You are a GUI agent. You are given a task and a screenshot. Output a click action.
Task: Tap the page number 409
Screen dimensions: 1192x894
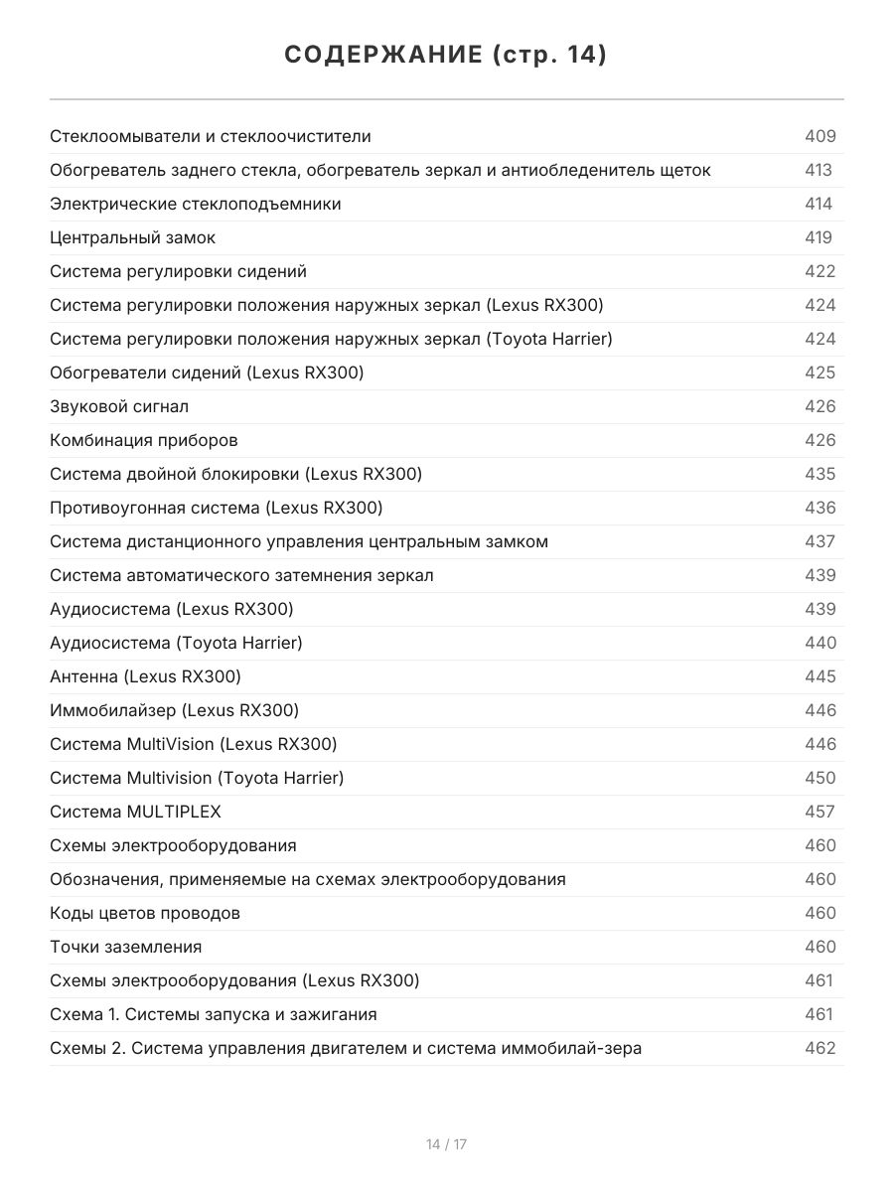click(x=819, y=136)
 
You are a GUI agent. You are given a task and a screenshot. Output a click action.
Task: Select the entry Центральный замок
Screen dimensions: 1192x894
click(x=132, y=237)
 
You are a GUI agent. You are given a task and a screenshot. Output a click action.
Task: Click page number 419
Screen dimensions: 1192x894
click(x=818, y=237)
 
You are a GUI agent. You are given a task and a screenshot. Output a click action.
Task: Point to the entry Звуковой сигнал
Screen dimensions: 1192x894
click(x=119, y=406)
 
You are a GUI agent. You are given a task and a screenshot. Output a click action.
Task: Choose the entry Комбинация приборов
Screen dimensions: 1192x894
click(x=144, y=440)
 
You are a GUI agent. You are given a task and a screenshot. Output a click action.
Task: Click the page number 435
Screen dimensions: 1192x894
click(x=819, y=474)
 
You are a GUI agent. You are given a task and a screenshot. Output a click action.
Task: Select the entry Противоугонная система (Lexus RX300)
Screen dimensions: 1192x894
click(x=216, y=508)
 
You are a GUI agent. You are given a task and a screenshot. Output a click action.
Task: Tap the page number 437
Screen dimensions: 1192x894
click(x=819, y=541)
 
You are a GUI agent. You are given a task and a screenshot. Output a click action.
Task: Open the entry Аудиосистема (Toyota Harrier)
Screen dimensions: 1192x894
click(x=176, y=643)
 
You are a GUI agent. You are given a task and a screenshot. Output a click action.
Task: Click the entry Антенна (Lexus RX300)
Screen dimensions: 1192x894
click(x=145, y=676)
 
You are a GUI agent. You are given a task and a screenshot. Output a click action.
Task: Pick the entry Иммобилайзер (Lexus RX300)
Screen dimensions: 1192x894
click(x=174, y=710)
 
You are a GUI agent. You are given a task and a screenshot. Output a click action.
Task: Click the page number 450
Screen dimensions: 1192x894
click(x=819, y=778)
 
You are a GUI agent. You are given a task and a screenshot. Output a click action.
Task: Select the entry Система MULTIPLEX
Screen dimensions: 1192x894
click(x=135, y=812)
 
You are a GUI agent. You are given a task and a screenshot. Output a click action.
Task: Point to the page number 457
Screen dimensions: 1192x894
click(x=819, y=812)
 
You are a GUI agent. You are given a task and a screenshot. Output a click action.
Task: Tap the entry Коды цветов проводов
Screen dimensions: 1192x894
click(x=145, y=913)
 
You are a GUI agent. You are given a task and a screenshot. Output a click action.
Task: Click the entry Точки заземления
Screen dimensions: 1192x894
click(x=125, y=947)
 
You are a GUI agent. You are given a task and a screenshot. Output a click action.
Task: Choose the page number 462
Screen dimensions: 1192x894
click(x=819, y=1048)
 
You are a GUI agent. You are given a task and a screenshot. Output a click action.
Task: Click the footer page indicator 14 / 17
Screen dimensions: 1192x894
click(x=446, y=1144)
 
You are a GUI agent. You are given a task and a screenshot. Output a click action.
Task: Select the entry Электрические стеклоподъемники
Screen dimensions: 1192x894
click(x=196, y=204)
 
